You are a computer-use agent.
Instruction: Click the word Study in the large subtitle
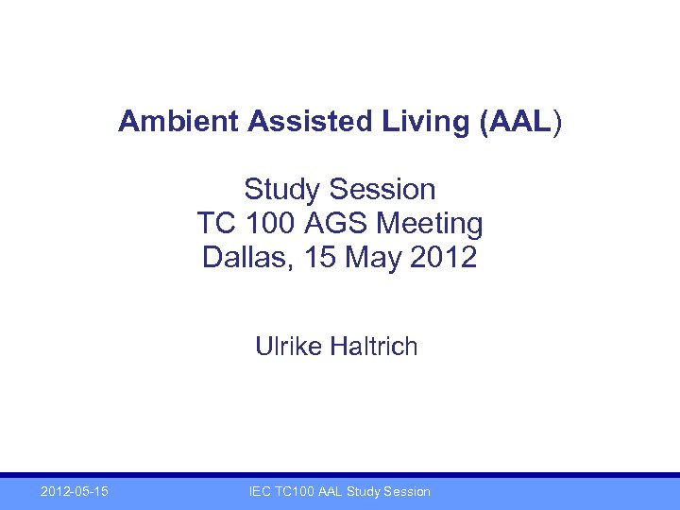(x=281, y=190)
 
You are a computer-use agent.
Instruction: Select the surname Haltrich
(x=374, y=348)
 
